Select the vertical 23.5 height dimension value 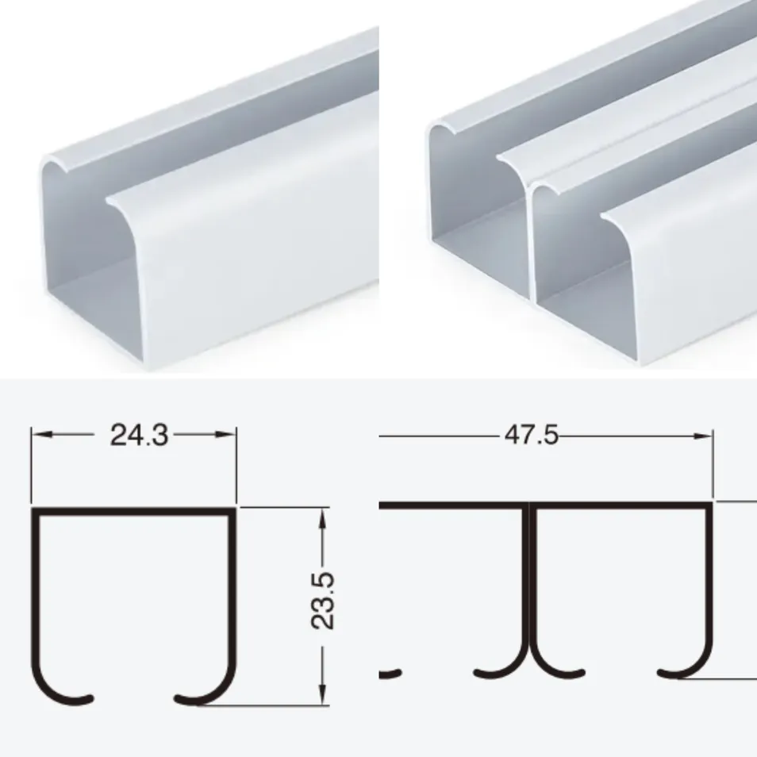[x=322, y=603]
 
